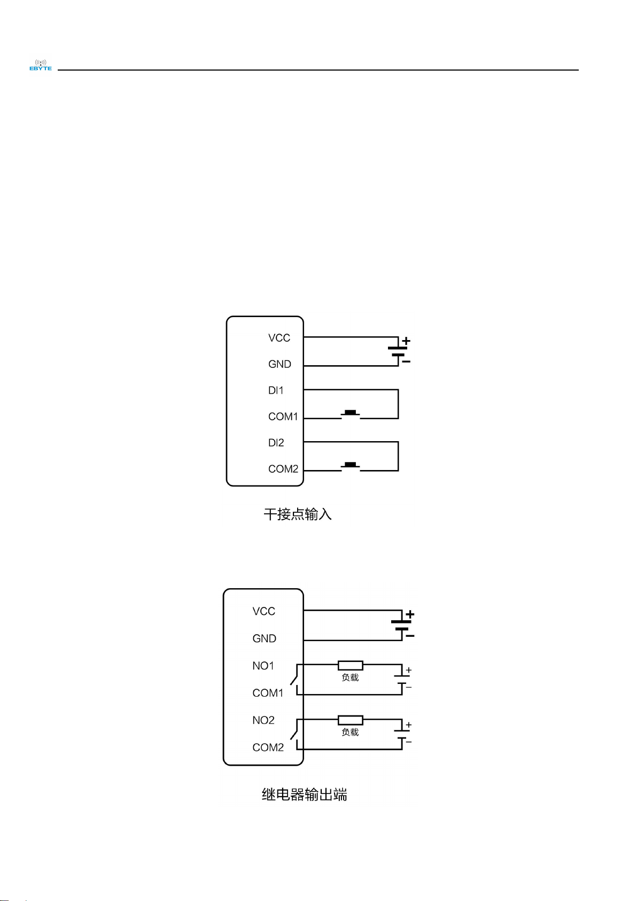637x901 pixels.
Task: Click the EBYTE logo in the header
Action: pos(41,65)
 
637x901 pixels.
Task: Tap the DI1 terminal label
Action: pos(276,390)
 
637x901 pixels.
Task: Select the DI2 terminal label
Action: pos(276,443)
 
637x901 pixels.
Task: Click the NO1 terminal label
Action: pos(263,666)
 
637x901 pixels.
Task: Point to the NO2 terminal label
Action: pos(263,720)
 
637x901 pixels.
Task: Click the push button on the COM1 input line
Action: pos(351,413)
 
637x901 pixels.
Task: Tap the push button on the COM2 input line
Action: pos(351,466)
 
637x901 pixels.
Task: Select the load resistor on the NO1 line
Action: pos(351,665)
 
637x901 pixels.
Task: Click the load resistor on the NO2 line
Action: pos(351,720)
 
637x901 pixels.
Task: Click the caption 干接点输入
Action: pos(298,514)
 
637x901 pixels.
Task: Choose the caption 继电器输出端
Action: pos(304,795)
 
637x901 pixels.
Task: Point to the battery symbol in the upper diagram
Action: pos(399,351)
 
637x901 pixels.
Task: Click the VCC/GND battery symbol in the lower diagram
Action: pos(402,625)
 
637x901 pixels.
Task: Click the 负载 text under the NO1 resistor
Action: pos(350,677)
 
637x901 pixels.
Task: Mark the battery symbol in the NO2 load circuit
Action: pos(402,734)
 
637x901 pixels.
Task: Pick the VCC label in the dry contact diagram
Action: pos(279,338)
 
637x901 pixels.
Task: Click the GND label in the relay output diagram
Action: pos(264,638)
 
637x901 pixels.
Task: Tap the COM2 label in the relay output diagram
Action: pos(268,748)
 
